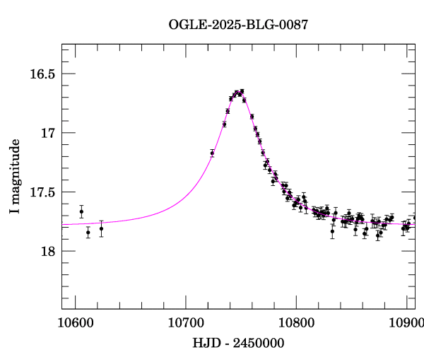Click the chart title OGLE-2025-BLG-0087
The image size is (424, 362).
click(x=238, y=25)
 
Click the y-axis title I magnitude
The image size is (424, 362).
click(x=15, y=177)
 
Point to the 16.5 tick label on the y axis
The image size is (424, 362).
click(x=42, y=74)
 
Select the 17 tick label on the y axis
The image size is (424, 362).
click(x=48, y=133)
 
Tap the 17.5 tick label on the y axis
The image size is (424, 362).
click(x=42, y=192)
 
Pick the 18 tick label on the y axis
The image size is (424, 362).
click(x=48, y=251)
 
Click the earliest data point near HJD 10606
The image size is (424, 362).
click(x=81, y=211)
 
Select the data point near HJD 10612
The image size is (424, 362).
click(x=88, y=232)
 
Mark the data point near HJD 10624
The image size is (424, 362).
click(x=101, y=228)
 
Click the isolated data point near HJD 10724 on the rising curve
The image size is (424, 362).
click(x=212, y=153)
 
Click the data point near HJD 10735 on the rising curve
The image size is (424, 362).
click(x=224, y=124)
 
